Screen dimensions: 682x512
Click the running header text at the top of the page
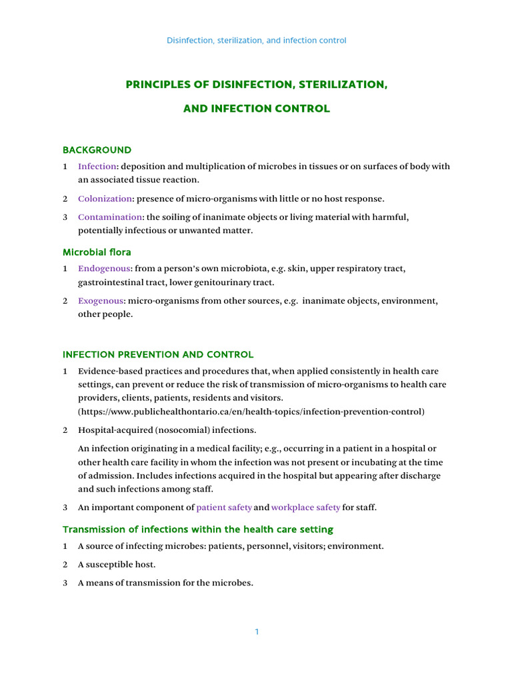pyautogui.click(x=256, y=41)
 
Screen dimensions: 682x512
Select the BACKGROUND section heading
pyautogui.click(x=97, y=150)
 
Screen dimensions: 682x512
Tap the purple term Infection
pyautogui.click(x=97, y=167)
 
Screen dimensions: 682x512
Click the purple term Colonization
pyautogui.click(x=105, y=198)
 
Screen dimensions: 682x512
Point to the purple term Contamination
pyautogui.click(x=110, y=217)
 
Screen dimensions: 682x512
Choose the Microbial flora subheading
pyautogui.click(x=97, y=252)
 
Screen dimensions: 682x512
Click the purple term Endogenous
pyautogui.click(x=104, y=268)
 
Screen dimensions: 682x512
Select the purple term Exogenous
pyautogui.click(x=101, y=301)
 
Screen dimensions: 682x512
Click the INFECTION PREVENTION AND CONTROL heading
pyautogui.click(x=158, y=354)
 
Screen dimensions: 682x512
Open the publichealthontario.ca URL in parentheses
pyautogui.click(x=251, y=412)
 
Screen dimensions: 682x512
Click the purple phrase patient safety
pyautogui.click(x=224, y=508)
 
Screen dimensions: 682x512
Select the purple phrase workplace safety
pyautogui.click(x=305, y=508)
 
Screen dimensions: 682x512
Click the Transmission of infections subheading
pyautogui.click(x=198, y=529)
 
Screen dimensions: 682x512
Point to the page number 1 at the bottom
pyautogui.click(x=256, y=631)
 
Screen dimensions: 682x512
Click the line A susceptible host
pyautogui.click(x=117, y=565)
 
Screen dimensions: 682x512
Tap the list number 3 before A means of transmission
pyautogui.click(x=65, y=583)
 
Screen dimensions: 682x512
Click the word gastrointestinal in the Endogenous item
pyautogui.click(x=106, y=282)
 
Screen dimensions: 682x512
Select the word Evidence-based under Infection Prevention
pyautogui.click(x=107, y=371)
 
